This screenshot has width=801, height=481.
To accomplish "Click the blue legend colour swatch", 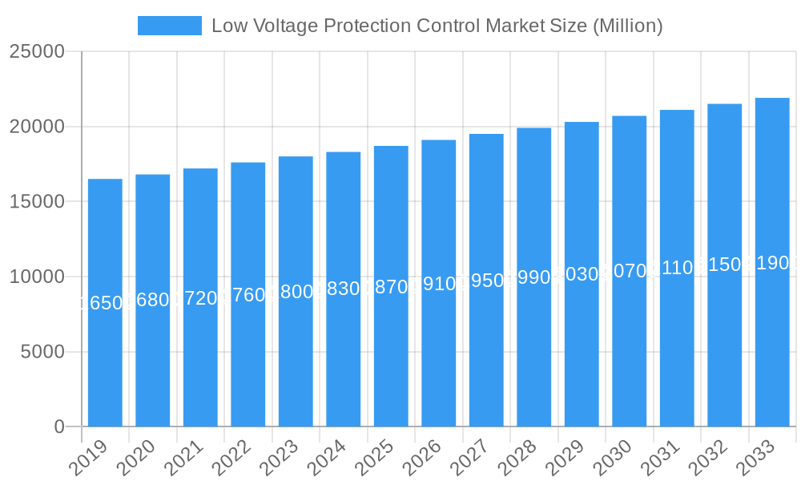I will pos(170,26).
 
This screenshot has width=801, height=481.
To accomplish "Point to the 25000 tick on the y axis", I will pos(37,51).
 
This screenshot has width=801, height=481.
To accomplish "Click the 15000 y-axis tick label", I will pos(37,201).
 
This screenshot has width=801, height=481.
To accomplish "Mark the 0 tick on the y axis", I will pos(59,427).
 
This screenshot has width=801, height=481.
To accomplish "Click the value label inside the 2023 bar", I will pos(296,292).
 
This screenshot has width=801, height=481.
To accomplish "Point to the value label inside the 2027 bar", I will pos(486,281).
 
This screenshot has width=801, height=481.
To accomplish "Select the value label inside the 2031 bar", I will pos(677,268).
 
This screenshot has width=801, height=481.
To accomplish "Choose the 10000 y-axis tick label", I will pos(37,277).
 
